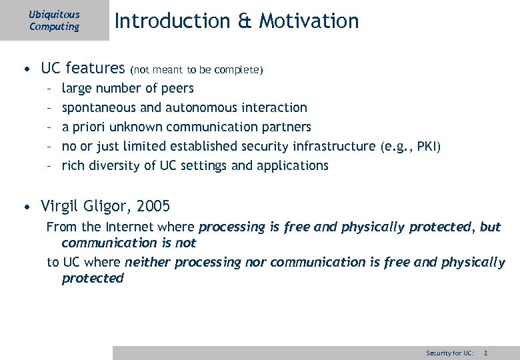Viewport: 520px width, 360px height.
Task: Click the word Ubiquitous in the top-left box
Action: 54,15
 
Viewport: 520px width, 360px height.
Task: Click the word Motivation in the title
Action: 309,21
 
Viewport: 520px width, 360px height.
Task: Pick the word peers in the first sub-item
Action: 178,88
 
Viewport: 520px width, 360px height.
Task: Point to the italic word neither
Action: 147,263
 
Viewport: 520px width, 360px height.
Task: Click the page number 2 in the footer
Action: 486,352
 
